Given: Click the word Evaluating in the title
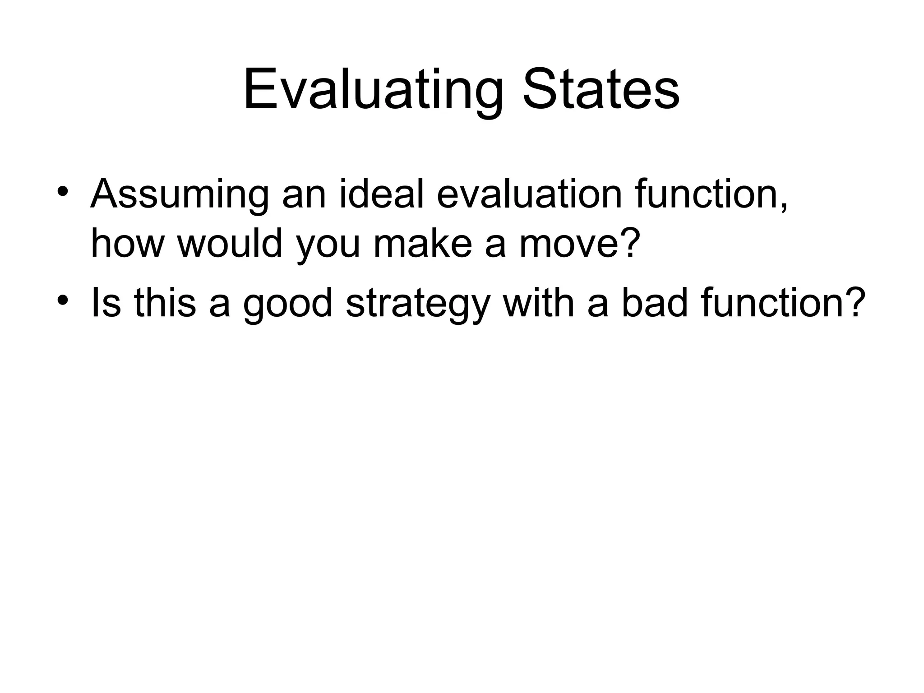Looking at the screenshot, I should coord(373,89).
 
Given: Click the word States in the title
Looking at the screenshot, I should coord(601,89).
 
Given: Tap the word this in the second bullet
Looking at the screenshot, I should coord(165,303).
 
